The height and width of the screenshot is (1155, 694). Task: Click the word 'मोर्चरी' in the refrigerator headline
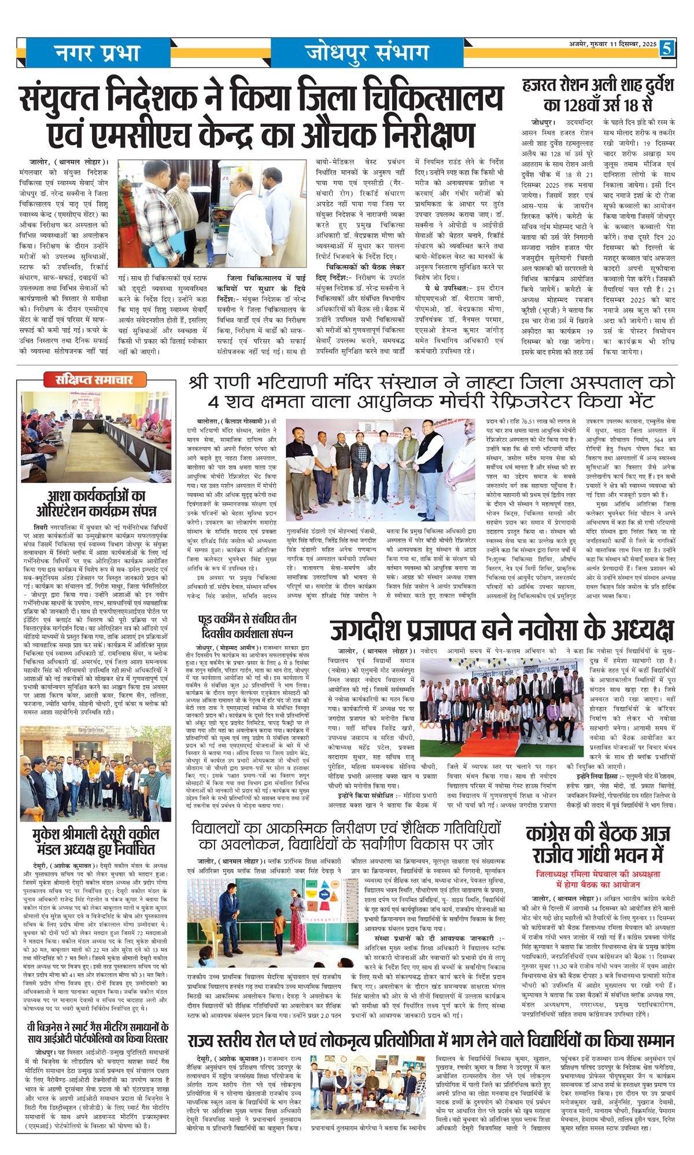click(441, 401)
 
